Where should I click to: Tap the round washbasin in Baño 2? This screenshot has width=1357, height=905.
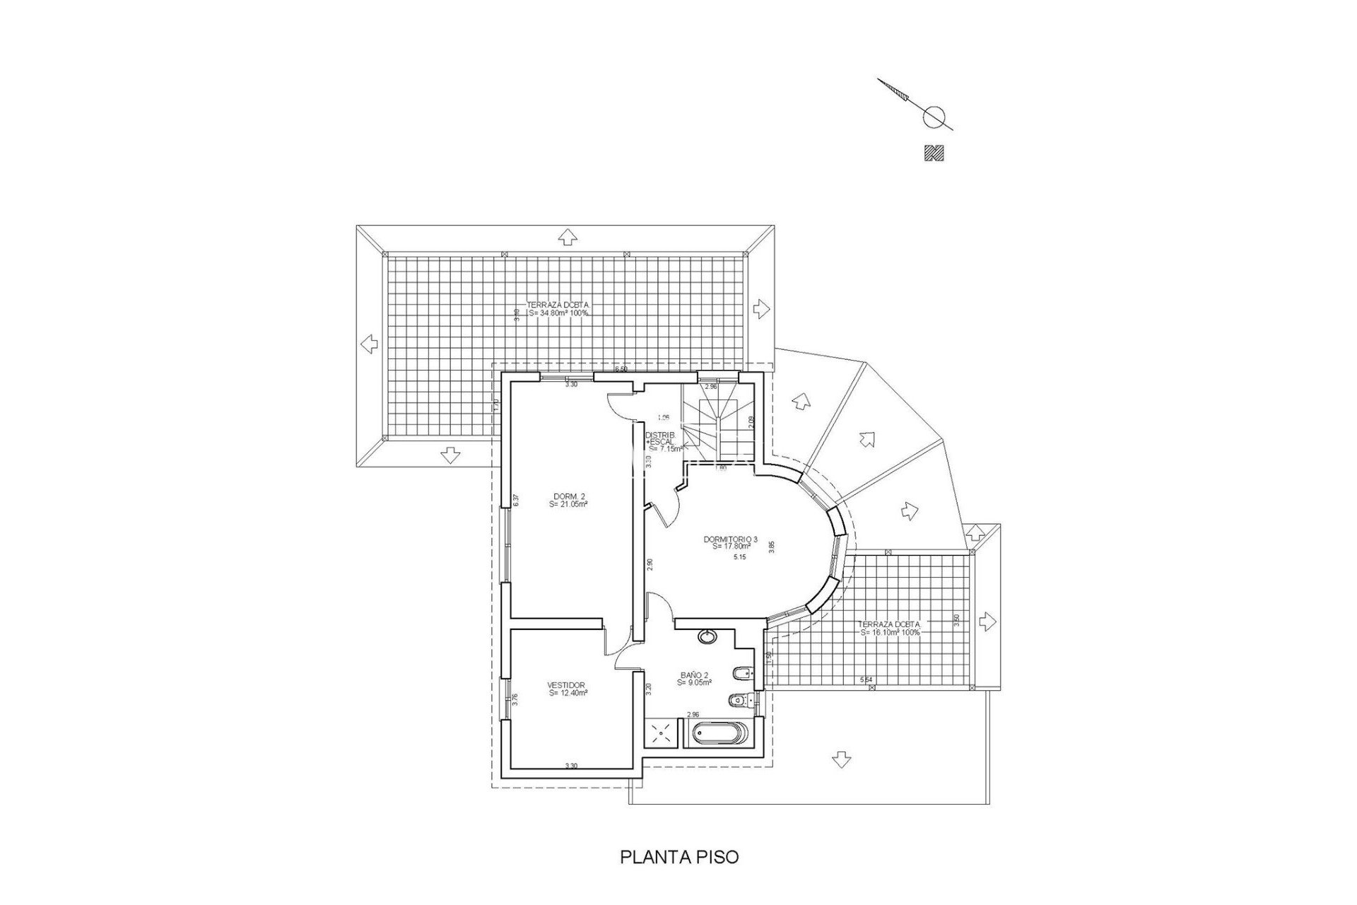706,636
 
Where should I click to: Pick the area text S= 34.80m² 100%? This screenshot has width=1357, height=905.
558,313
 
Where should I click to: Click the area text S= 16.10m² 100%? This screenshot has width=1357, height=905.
890,633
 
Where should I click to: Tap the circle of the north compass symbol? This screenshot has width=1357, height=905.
934,116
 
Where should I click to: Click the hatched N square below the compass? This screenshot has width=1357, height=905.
934,153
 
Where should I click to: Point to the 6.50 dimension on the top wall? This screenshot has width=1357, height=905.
621,370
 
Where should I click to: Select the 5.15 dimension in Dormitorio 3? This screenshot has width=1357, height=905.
740,557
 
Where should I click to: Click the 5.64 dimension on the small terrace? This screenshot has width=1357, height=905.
866,679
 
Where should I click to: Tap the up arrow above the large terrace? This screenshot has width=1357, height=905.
566,237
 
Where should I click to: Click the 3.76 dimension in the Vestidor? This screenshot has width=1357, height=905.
515,699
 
